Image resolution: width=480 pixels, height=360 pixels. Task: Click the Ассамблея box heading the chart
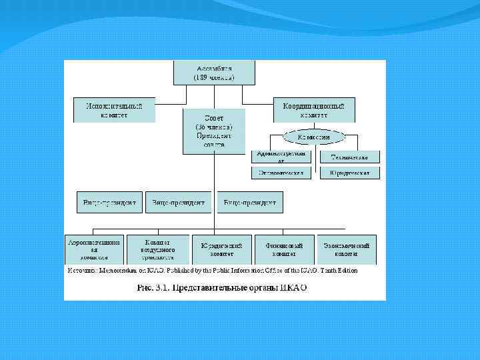[x=213, y=73]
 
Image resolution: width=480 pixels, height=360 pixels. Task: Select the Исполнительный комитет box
[x=114, y=110]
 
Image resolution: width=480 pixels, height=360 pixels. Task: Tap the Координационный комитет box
[x=314, y=110]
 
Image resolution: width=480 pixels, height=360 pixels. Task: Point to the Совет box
[x=213, y=131]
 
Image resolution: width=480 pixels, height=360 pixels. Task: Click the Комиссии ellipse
[x=314, y=137]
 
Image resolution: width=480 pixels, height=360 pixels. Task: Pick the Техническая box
[x=350, y=157]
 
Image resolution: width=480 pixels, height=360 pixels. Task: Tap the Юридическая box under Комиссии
[x=350, y=173]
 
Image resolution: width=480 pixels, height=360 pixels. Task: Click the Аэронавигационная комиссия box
[x=95, y=247]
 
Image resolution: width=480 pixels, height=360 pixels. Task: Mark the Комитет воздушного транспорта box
[x=158, y=247]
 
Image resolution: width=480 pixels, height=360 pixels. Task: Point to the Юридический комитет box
[x=221, y=247]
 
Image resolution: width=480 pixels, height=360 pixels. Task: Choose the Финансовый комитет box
[x=284, y=247]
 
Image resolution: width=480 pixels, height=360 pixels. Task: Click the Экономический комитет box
[x=346, y=247]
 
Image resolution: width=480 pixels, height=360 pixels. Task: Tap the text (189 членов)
[x=213, y=77]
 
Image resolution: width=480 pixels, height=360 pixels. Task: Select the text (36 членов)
[x=213, y=127]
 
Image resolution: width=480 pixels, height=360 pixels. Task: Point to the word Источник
[x=81, y=271]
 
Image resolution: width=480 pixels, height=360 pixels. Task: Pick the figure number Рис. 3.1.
[x=153, y=288]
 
